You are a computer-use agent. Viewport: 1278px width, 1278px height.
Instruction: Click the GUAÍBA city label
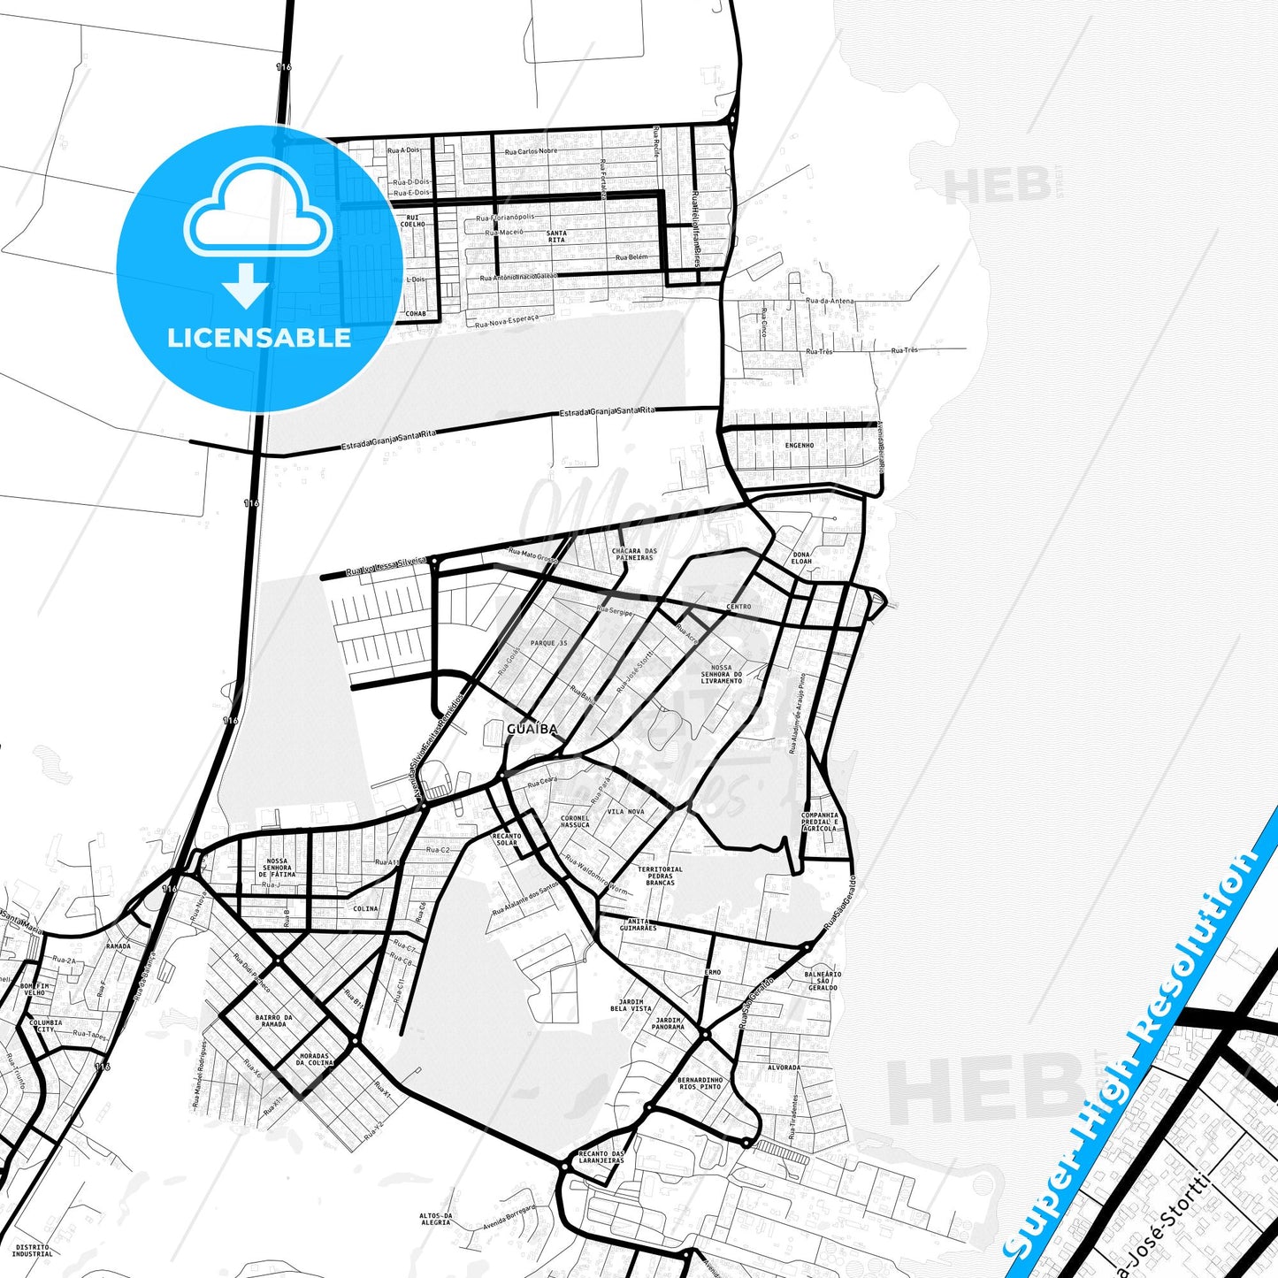532,729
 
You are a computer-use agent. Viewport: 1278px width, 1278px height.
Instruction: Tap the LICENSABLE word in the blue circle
259,338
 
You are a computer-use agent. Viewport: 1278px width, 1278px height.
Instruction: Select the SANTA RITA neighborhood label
556,236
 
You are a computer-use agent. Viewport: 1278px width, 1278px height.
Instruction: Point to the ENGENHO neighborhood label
800,445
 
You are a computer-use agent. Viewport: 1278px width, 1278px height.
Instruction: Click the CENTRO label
738,607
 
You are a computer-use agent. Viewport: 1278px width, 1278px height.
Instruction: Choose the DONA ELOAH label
801,558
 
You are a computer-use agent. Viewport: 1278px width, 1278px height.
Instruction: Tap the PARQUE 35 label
548,643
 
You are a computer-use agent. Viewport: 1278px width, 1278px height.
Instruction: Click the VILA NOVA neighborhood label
625,811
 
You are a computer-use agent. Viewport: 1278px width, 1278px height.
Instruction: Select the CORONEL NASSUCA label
575,822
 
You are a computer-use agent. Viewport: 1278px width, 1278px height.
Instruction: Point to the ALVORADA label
784,1068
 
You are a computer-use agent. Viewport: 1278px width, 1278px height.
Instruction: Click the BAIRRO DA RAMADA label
274,1021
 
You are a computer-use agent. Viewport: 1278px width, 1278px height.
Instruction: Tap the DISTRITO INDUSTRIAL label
33,1250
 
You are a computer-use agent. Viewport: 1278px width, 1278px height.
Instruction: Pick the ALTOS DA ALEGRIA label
435,1219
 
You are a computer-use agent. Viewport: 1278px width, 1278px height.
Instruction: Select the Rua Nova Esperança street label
506,321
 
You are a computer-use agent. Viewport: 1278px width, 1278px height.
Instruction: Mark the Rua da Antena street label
830,301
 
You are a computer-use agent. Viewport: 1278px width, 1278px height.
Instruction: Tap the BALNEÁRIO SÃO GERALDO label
823,980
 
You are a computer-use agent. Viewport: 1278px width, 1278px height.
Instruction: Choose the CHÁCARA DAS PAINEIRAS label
634,555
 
